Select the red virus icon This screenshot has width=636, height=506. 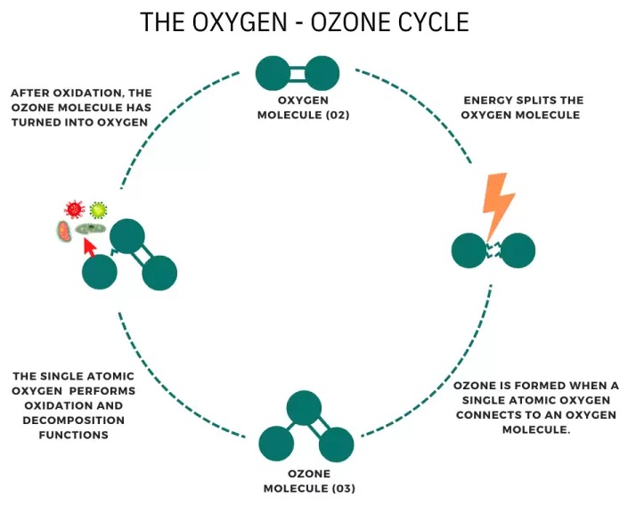pos(74,209)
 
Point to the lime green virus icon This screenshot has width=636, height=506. pos(98,210)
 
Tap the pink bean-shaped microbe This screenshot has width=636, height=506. pos(62,233)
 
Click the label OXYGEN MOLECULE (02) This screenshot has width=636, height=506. pos(298,108)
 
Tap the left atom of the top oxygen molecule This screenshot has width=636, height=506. pos(273,74)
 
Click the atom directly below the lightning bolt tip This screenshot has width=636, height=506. pos(469,251)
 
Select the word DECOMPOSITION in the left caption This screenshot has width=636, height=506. pos(75,420)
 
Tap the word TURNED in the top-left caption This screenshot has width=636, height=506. pos(35,121)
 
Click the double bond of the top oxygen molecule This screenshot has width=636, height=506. pos(298,74)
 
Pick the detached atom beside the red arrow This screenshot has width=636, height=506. pos(100,272)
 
